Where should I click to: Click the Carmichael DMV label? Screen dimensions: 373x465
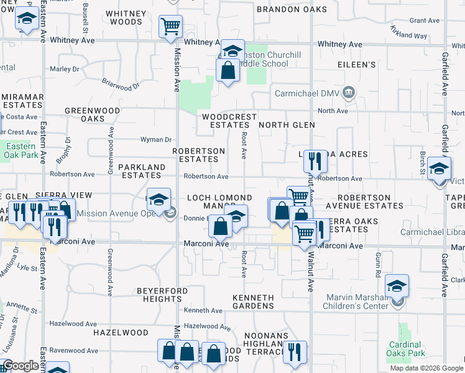point(306,94)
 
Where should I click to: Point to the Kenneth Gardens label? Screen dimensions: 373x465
point(253,302)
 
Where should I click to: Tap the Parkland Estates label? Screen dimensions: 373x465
point(142,172)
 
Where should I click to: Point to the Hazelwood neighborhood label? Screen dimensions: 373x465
point(121,333)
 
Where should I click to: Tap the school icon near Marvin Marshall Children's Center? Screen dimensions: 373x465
point(397,286)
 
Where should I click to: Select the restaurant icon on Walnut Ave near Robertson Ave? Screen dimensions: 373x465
point(315,162)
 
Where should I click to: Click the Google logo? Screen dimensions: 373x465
point(21,366)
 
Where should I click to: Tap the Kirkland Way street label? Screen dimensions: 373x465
point(408,32)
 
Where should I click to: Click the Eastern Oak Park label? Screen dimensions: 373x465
point(19,150)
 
